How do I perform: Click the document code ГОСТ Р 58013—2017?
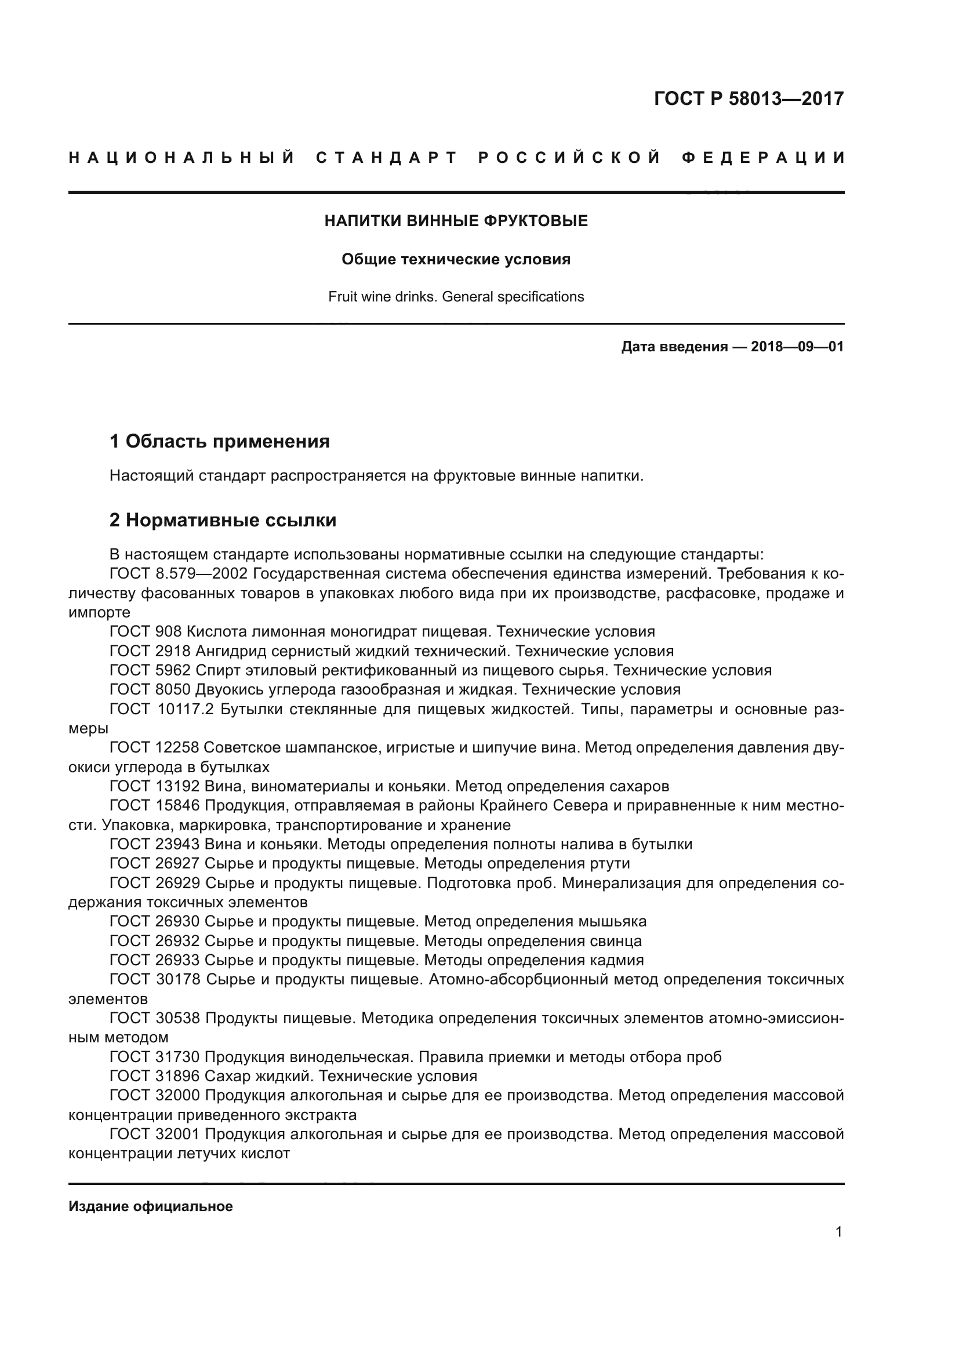click(x=749, y=99)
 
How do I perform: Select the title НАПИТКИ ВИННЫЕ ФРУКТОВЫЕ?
click(x=456, y=221)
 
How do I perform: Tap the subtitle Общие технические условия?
click(x=456, y=259)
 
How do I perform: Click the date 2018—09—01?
click(x=797, y=347)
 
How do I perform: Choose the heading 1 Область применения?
click(x=220, y=441)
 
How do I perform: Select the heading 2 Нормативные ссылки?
click(x=223, y=520)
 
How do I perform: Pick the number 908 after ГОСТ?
click(x=168, y=632)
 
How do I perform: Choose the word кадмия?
click(x=616, y=959)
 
